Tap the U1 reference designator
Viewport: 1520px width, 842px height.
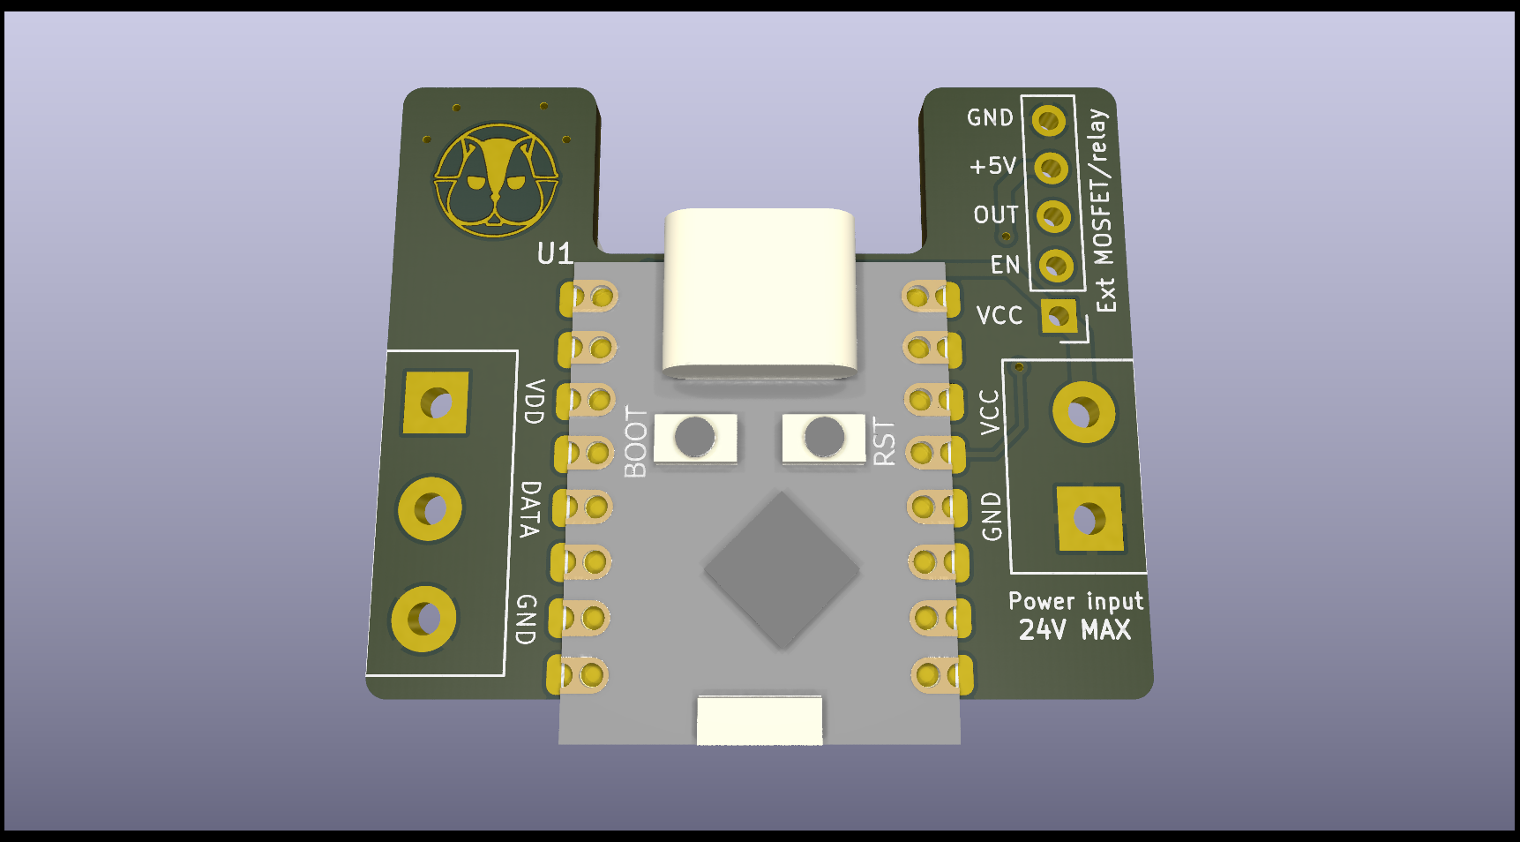tap(555, 254)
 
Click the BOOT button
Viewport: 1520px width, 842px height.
tap(695, 437)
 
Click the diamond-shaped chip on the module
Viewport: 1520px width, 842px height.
tap(782, 570)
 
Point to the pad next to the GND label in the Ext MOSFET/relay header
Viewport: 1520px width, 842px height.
tap(1049, 120)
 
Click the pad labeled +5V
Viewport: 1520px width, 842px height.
tap(1051, 168)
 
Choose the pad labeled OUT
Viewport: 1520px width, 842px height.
tap(1053, 216)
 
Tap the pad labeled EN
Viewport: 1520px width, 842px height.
tap(1056, 265)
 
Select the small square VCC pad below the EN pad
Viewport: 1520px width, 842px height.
tap(1059, 316)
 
